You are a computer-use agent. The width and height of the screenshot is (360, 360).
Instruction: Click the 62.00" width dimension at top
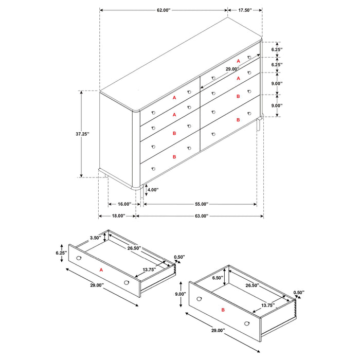[163, 10]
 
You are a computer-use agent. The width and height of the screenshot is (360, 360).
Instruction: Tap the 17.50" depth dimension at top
[245, 10]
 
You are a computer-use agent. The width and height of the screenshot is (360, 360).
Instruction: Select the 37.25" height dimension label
[81, 134]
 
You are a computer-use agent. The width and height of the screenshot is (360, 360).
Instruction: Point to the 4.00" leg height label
[153, 190]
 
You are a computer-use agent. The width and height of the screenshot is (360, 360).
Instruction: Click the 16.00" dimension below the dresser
[121, 204]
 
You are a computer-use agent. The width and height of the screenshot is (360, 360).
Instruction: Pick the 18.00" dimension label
[117, 216]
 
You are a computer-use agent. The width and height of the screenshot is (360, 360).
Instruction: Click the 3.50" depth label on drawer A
[95, 238]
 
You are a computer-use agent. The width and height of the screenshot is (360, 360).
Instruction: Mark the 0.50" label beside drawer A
[179, 257]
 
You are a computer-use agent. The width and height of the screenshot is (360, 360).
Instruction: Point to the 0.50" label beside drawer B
[298, 293]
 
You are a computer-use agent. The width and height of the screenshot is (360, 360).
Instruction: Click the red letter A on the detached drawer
[101, 269]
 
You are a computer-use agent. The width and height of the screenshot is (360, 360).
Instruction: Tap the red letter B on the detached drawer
[223, 310]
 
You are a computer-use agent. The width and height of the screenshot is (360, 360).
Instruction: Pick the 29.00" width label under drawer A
[96, 285]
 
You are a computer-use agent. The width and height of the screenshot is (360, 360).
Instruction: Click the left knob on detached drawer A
[79, 257]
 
